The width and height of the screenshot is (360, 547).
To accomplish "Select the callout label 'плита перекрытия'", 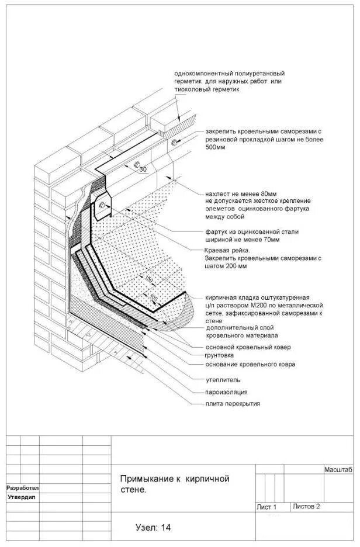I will [x=233, y=404].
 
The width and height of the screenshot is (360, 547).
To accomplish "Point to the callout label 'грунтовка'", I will [x=219, y=355].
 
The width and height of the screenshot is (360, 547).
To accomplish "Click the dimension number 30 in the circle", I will [x=144, y=169].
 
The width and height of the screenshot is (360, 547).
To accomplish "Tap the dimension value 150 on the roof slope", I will [x=149, y=279].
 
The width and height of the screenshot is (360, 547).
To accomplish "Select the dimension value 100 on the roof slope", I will [x=154, y=299].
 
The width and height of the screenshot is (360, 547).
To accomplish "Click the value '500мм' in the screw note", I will [x=216, y=148].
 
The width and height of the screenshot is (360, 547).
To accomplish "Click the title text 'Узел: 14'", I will [x=153, y=527].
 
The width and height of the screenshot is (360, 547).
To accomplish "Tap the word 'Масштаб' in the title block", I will [x=338, y=470].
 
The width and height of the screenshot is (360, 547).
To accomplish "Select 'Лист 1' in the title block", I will [x=266, y=507].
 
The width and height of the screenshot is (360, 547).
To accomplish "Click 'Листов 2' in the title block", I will [x=306, y=506].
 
